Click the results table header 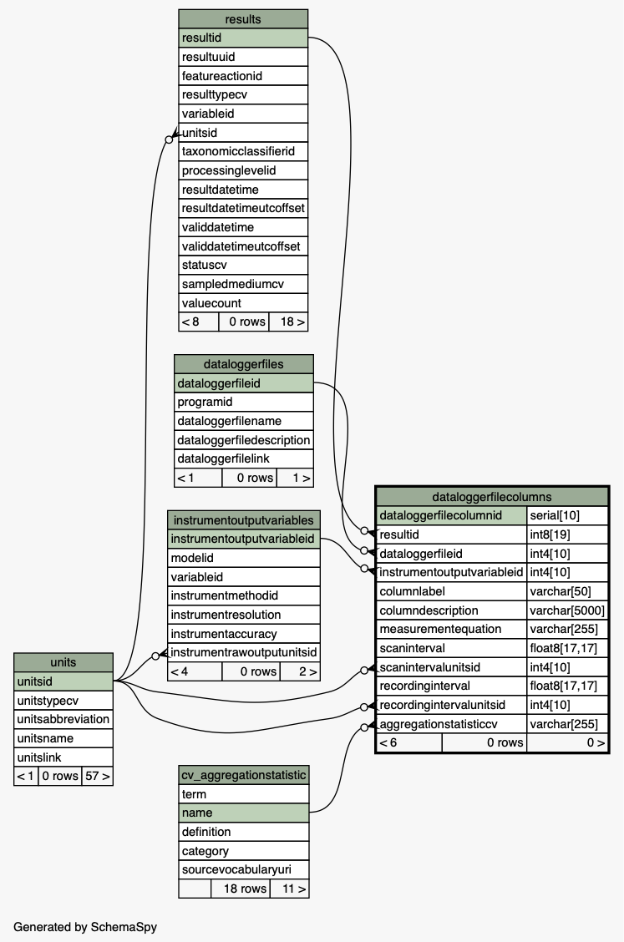tap(243, 19)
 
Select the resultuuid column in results tap(243, 57)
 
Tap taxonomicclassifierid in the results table tap(243, 151)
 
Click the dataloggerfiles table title tap(244, 364)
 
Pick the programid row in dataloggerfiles tap(244, 402)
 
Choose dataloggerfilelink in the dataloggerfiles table tap(244, 458)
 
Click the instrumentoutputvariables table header tap(244, 520)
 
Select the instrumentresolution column tap(244, 615)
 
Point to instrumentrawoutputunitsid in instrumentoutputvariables tap(244, 652)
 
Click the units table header tap(63, 662)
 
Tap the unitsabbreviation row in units tap(63, 719)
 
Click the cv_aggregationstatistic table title tap(244, 775)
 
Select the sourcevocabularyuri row tap(244, 869)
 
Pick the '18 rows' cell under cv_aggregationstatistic tap(244, 889)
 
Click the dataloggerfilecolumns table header tap(492, 496)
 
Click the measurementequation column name tap(452, 629)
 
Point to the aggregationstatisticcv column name tap(452, 724)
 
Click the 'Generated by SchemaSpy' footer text tap(85, 926)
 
